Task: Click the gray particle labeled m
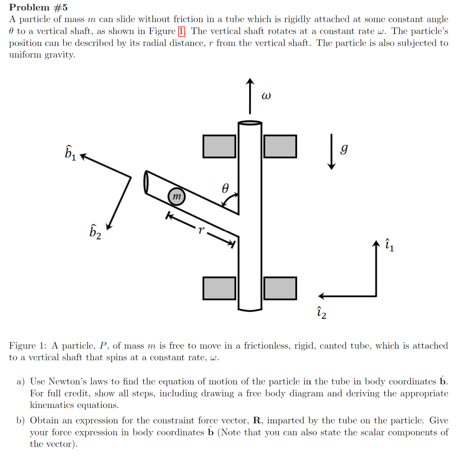click(176, 197)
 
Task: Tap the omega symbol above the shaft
click(266, 96)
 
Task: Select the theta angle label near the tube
click(225, 188)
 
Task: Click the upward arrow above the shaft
click(250, 96)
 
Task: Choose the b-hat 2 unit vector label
click(95, 232)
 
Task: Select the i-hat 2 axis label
click(321, 313)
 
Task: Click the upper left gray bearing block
click(219, 147)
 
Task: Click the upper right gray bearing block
click(280, 147)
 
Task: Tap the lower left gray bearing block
click(219, 288)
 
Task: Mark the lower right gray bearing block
click(280, 288)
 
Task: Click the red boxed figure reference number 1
click(181, 31)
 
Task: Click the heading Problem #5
click(38, 7)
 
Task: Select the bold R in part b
click(257, 420)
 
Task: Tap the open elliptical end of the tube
click(146, 182)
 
